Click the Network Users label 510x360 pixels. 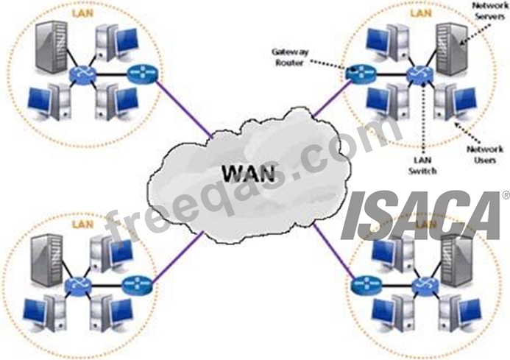(486, 154)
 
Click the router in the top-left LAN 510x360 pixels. (138, 74)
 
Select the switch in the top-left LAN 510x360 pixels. (78, 74)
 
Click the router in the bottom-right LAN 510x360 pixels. (364, 282)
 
